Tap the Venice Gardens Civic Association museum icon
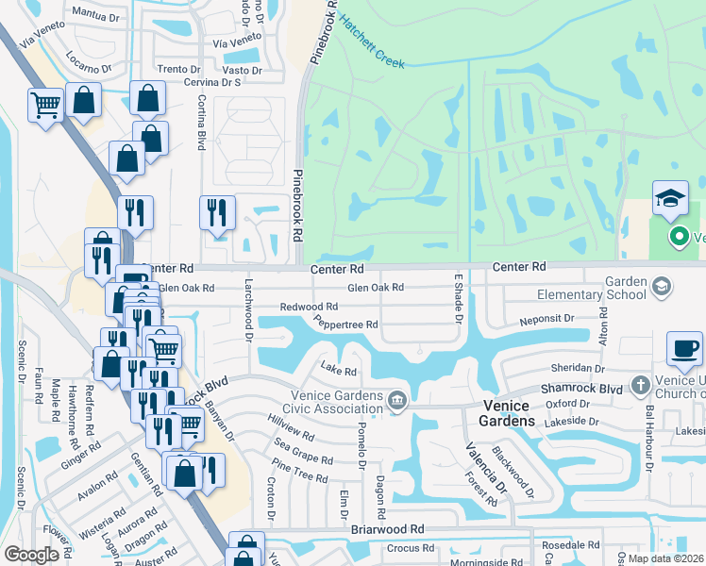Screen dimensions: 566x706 [x=397, y=402]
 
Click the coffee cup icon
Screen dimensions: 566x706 [x=684, y=347]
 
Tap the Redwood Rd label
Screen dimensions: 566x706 [x=309, y=307]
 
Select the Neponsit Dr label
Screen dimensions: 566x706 [x=546, y=321]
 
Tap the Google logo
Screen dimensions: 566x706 [x=31, y=555]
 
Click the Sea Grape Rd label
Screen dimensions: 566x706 [x=302, y=452]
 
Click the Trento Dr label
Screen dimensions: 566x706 [x=178, y=69]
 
